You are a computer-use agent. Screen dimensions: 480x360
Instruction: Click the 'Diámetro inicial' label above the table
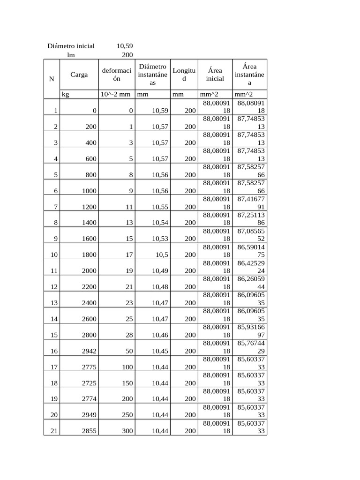click(71, 46)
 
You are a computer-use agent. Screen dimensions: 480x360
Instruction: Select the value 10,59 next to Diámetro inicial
click(124, 46)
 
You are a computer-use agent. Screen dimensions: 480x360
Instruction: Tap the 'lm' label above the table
click(71, 54)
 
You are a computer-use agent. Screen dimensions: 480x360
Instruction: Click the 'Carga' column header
click(79, 75)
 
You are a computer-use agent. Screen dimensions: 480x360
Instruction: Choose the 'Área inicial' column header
click(215, 75)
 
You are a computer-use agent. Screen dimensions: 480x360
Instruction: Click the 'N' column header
click(52, 79)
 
